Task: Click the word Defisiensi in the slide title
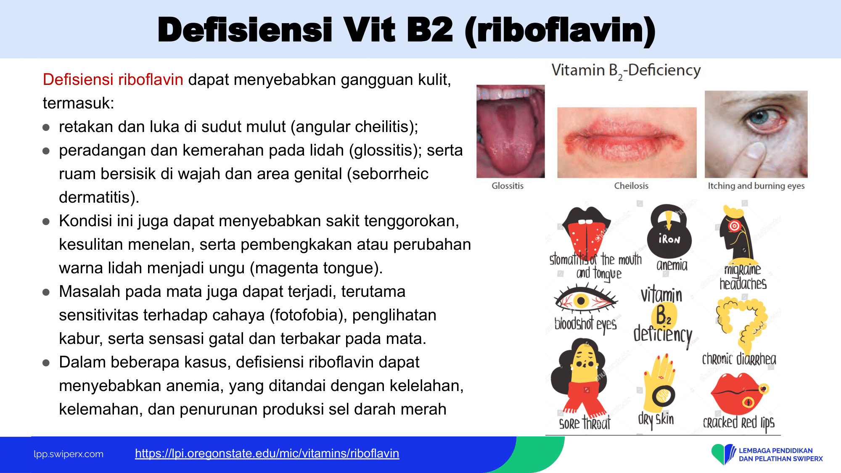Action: (245, 30)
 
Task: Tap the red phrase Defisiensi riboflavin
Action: (113, 79)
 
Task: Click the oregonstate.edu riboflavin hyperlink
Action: (267, 453)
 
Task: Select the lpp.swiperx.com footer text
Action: (69, 454)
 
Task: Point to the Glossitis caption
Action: (508, 186)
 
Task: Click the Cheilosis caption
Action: (631, 186)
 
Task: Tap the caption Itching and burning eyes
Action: (756, 186)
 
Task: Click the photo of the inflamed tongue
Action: (510, 131)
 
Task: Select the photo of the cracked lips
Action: (627, 143)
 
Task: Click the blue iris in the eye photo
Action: (760, 117)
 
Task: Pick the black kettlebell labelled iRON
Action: (669, 231)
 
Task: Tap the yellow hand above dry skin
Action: (660, 383)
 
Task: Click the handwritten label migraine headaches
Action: (743, 277)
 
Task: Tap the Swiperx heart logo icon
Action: (723, 454)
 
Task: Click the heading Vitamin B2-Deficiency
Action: (626, 71)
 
